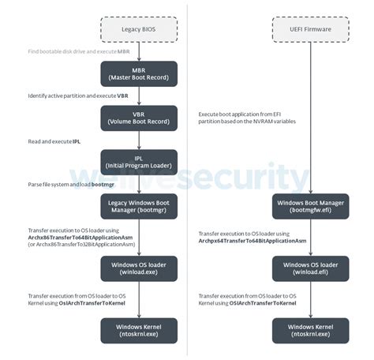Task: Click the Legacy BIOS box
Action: point(138,28)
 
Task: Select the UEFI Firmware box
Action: point(310,28)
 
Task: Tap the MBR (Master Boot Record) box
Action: point(139,73)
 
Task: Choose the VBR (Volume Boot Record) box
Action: point(139,118)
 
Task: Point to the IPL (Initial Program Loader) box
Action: point(139,163)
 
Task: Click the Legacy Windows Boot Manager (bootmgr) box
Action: point(139,208)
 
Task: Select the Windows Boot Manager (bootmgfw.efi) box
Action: point(310,208)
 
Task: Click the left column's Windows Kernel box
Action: point(139,330)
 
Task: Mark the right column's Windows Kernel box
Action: point(310,330)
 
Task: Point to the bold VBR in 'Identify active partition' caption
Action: point(123,95)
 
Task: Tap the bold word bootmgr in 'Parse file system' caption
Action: point(103,185)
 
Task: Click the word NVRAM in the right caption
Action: point(270,122)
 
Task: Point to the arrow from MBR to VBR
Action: point(139,96)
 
